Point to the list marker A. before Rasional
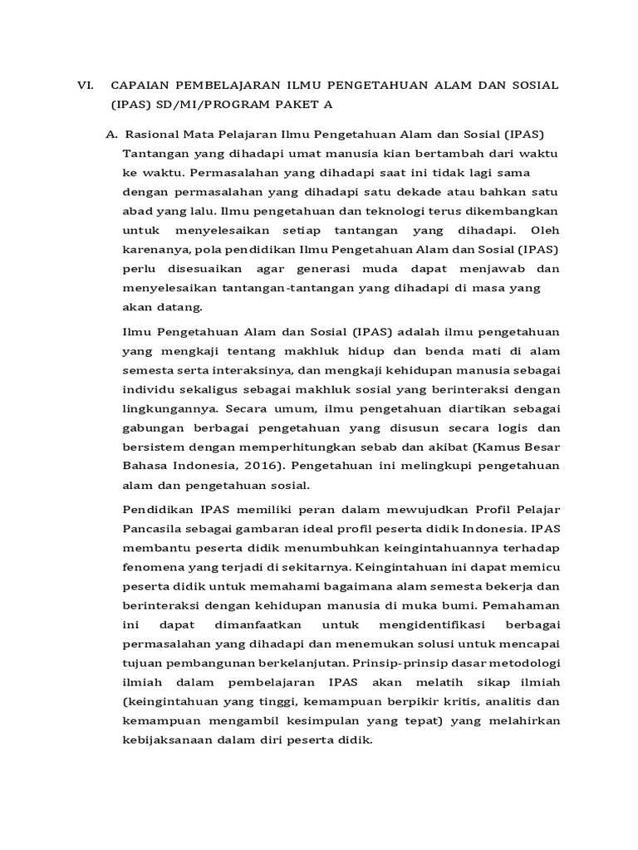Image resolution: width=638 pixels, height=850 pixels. click(x=110, y=134)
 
